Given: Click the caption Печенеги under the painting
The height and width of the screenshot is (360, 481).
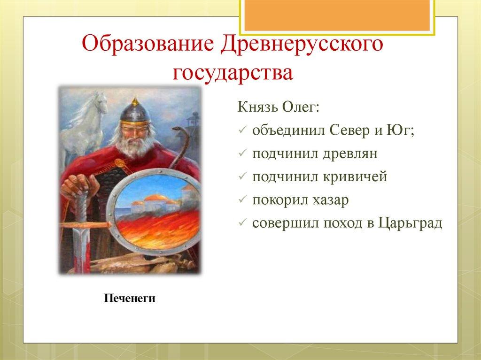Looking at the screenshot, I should (x=130, y=298).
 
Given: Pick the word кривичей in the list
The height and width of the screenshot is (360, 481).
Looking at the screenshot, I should (x=353, y=176).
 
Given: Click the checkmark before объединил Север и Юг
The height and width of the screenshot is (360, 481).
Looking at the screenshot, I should (x=241, y=131).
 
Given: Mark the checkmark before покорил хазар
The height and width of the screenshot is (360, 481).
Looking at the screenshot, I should (x=241, y=200).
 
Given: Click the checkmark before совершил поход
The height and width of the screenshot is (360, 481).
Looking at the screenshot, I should (x=241, y=223).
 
